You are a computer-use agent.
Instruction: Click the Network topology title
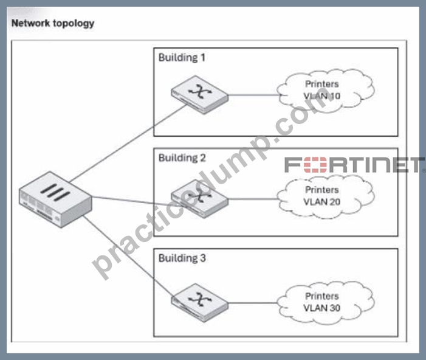coord(53,23)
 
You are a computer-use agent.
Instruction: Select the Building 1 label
coord(182,58)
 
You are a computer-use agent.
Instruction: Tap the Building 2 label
coord(182,158)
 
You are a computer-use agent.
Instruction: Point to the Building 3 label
coord(182,258)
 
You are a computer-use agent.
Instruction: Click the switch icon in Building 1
coord(200,94)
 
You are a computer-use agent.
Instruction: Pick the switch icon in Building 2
coord(200,198)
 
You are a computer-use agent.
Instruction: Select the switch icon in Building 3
coord(200,302)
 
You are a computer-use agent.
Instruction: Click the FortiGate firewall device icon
coord(55,199)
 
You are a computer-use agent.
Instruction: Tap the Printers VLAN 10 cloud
coord(326,91)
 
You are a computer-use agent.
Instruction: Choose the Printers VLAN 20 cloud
coord(326,196)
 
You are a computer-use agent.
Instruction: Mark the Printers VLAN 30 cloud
coord(326,303)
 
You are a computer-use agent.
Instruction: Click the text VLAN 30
coord(321,308)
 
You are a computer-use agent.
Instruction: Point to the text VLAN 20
coord(321,202)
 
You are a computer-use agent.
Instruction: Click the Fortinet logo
coord(354,165)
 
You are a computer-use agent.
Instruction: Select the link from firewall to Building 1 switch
coord(128,144)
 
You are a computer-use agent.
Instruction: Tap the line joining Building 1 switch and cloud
coord(254,95)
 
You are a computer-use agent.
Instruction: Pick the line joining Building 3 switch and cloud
coord(253,303)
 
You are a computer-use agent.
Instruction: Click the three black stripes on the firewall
coord(55,193)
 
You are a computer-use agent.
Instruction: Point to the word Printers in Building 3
coord(322,296)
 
